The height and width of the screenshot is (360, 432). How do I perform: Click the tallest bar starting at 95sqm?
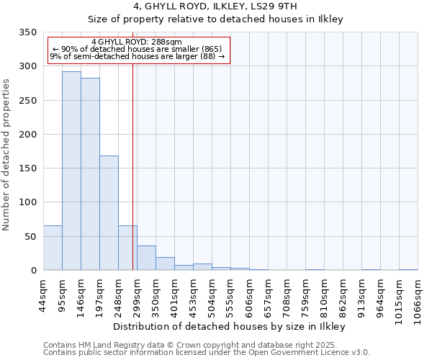point(71,171)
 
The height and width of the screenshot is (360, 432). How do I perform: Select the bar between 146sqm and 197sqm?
point(90,174)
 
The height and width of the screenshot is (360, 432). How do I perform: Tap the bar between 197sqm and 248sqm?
point(109,213)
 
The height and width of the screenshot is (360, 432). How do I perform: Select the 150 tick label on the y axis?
point(28,168)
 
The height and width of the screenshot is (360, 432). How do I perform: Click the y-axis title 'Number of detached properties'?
point(7,155)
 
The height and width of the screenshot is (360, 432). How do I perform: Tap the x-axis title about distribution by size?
point(231,327)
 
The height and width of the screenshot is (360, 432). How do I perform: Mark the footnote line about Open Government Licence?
point(206,353)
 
